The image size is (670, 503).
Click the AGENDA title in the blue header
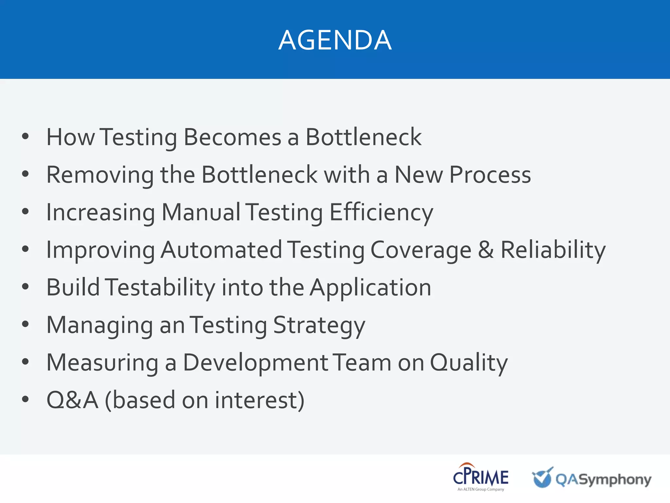pyautogui.click(x=335, y=40)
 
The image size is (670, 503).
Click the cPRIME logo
pyautogui.click(x=481, y=477)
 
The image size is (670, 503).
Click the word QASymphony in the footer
pyautogui.click(x=603, y=480)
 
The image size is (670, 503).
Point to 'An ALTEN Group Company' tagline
pyautogui.click(x=481, y=489)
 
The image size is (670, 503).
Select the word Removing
pyautogui.click(x=100, y=175)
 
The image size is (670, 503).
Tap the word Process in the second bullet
pyautogui.click(x=490, y=175)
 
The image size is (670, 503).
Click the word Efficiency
pyautogui.click(x=381, y=213)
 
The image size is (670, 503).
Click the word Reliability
pyautogui.click(x=553, y=250)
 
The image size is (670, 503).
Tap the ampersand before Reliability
pyautogui.click(x=486, y=250)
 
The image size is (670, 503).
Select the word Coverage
pyautogui.click(x=421, y=251)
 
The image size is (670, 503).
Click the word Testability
pyautogui.click(x=160, y=288)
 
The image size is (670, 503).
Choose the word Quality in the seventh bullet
pyautogui.click(x=468, y=363)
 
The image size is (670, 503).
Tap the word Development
pyautogui.click(x=256, y=363)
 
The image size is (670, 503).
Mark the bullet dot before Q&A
pyautogui.click(x=26, y=400)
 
